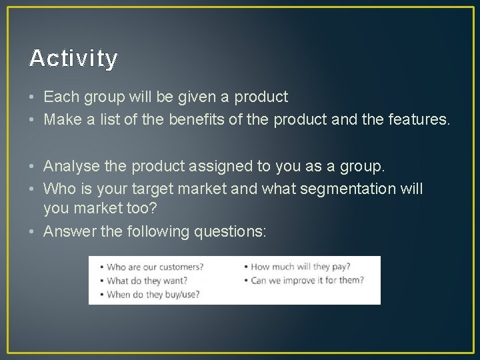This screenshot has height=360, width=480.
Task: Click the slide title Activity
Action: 73,59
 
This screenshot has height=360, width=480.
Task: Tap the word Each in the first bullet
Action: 59,97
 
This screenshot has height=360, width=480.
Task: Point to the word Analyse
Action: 70,165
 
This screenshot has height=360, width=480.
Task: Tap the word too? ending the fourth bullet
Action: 141,209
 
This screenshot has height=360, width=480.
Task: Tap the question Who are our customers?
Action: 155,267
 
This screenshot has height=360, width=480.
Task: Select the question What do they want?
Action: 149,281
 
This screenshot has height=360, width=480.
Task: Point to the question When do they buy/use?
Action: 153,294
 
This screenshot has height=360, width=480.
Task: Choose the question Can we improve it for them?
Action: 307,281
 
